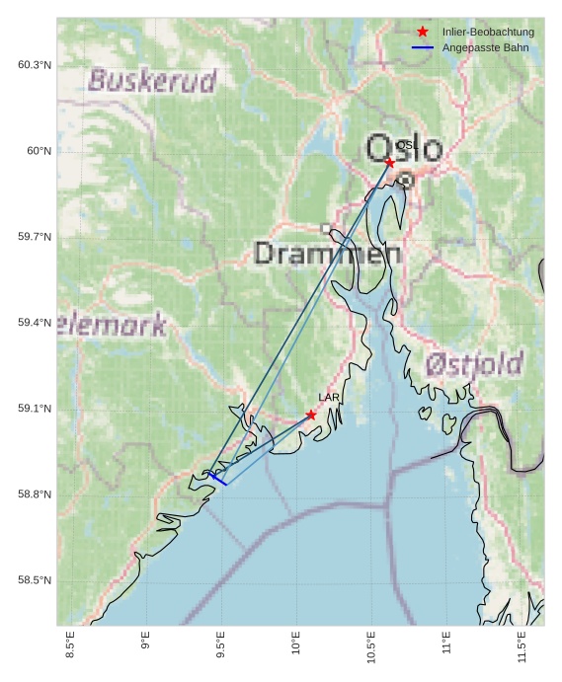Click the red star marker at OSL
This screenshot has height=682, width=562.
pos(390,162)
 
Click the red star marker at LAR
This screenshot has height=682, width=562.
pos(311,415)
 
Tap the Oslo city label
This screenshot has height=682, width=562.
pos(404,148)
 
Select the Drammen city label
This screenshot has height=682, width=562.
pos(328,254)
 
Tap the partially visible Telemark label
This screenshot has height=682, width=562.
pos(112,325)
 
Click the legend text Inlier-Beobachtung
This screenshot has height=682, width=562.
pos(488,32)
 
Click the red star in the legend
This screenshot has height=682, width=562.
pos(423,32)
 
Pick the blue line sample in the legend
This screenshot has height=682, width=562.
pos(423,47)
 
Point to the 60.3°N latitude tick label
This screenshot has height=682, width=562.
pos(35,65)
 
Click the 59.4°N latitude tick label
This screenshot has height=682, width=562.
pos(35,323)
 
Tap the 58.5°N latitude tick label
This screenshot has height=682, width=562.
pos(35,580)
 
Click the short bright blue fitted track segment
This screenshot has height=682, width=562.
pos(218,479)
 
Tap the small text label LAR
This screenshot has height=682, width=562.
pos(329,398)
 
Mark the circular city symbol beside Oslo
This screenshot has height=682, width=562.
pos(405,180)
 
